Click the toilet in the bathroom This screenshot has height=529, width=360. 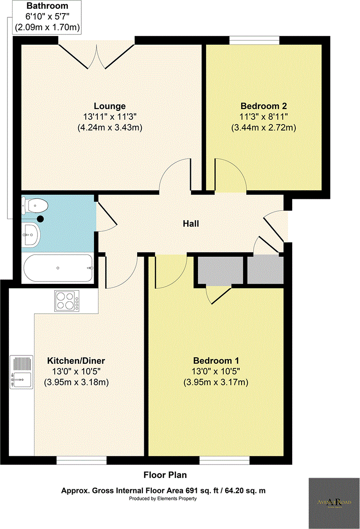point(36,205)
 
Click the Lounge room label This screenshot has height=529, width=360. point(110,106)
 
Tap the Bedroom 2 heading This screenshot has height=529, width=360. point(263,106)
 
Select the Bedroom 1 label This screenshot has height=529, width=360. point(216,361)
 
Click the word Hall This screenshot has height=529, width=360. point(191,224)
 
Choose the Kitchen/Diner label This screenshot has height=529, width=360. point(76,361)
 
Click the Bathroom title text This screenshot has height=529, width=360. point(47,7)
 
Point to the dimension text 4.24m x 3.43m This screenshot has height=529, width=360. point(110,127)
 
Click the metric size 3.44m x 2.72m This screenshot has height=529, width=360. point(263,127)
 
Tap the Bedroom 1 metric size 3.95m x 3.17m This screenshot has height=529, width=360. point(216,382)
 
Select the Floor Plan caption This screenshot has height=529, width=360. point(164,475)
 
